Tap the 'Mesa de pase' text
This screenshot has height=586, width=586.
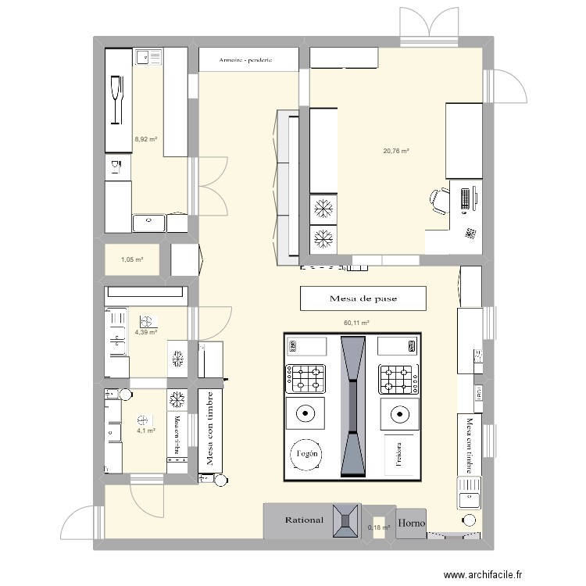(363, 298)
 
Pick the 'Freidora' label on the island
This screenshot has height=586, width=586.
(399, 452)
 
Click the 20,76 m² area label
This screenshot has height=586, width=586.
(396, 152)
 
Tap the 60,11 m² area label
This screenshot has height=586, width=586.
(356, 322)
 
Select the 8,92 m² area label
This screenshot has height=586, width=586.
(146, 139)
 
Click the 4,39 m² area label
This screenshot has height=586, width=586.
(145, 332)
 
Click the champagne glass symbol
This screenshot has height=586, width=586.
(119, 99)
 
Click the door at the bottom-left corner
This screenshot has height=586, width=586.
(82, 525)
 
